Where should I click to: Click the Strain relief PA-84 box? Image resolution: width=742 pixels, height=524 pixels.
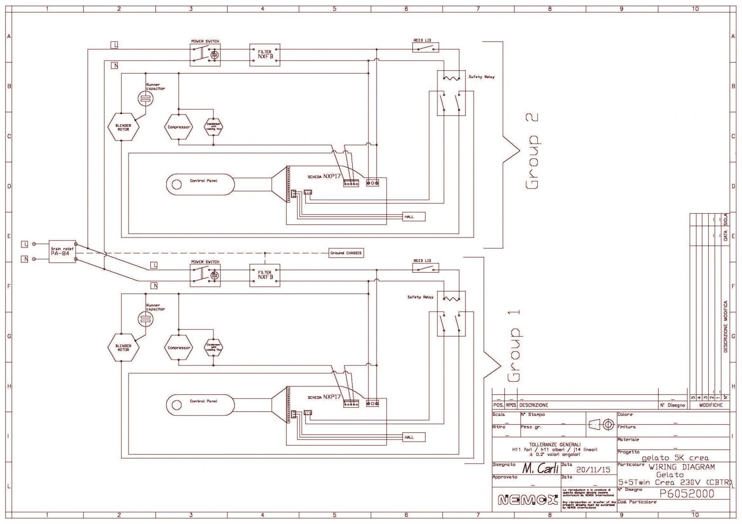(x=62, y=251)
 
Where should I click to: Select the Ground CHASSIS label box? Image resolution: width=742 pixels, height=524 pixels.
(x=346, y=253)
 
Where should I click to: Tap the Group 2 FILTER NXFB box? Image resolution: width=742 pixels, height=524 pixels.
(x=265, y=55)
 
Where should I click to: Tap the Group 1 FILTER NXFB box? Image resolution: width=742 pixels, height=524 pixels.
(x=265, y=275)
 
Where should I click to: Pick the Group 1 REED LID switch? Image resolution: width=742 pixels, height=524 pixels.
(x=426, y=268)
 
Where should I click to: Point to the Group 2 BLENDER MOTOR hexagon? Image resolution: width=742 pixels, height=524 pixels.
(x=123, y=127)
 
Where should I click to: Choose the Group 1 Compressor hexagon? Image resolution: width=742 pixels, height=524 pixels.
(x=179, y=348)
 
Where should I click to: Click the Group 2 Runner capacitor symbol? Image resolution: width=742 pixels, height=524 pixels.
(x=146, y=98)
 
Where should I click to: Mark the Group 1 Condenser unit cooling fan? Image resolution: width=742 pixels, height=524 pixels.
(x=213, y=348)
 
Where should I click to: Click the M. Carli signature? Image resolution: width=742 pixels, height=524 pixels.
(x=540, y=469)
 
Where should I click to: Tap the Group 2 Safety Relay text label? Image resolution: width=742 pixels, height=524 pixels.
(x=482, y=77)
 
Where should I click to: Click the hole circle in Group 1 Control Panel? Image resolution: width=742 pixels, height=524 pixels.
(x=176, y=405)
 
